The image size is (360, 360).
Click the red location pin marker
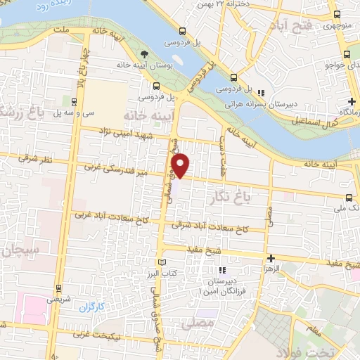[181, 165]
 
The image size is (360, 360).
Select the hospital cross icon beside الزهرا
[271, 258]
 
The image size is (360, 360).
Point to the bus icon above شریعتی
[58, 288]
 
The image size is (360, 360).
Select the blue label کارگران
[91, 307]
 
